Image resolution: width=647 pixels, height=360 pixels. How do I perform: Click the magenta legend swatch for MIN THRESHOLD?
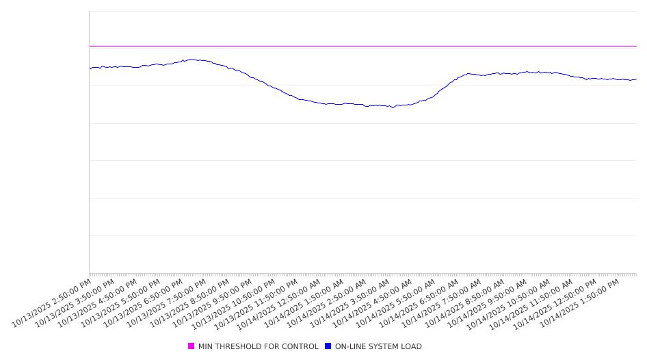pos(191,346)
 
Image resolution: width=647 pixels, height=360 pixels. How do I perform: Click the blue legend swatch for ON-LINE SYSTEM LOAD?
pos(328,346)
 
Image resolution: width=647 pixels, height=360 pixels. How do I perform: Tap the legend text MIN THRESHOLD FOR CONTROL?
pos(258,346)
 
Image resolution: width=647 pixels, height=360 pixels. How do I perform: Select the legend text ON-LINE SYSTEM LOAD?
pos(378,346)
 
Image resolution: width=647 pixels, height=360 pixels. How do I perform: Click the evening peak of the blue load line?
pos(191,60)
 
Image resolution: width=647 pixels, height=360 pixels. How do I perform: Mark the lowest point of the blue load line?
pos(393,107)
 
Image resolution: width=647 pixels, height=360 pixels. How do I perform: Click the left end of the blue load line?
pos(90,68)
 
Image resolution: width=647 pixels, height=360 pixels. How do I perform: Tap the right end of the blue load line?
pos(636,79)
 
